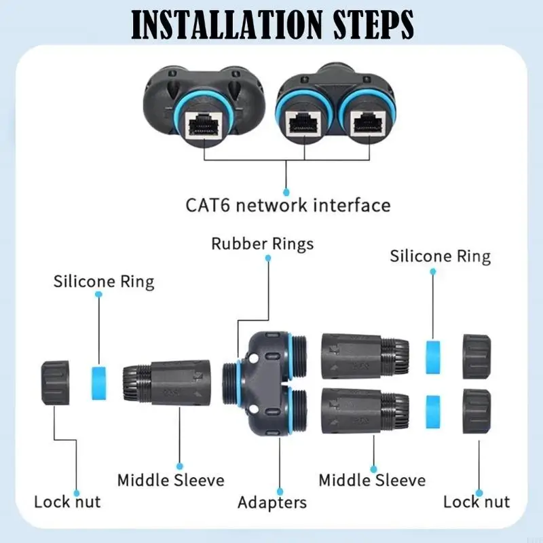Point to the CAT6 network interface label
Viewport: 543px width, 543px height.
[288, 204]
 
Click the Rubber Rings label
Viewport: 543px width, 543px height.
[263, 244]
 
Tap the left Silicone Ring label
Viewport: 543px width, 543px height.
[104, 281]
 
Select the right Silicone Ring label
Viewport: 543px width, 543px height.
[440, 256]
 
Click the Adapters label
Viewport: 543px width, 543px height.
[271, 502]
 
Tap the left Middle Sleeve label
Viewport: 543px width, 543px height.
[170, 481]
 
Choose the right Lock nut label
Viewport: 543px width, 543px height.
[476, 502]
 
